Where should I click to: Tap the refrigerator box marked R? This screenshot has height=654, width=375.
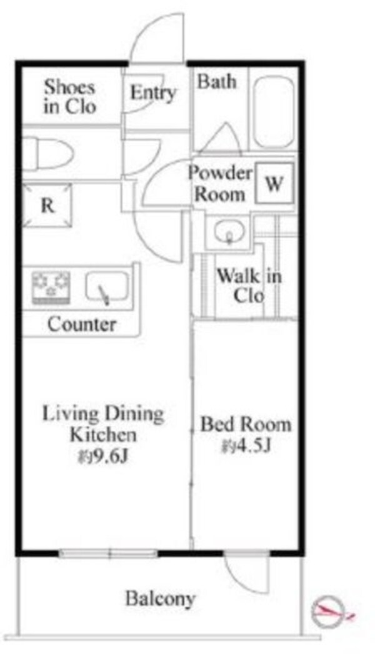point(47,206)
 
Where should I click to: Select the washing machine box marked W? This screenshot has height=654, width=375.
point(274,183)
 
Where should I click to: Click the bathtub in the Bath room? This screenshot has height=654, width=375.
point(274,113)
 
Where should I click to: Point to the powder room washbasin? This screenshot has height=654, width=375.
point(229,231)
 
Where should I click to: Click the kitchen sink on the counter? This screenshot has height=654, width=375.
point(107,286)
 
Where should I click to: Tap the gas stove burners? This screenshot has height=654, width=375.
point(51,287)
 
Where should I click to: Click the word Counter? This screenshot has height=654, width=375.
point(82,324)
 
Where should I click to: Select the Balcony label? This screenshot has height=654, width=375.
point(161,599)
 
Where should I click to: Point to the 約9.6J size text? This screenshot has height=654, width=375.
point(102,457)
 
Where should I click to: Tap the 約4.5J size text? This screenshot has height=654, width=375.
point(246,446)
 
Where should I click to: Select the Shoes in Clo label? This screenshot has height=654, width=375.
point(70,96)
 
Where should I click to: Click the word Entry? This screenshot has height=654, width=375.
point(152,93)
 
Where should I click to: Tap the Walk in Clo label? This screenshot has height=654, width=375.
point(249,285)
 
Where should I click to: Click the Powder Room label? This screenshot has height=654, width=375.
point(220,184)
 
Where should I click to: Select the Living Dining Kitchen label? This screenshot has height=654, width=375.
point(103,424)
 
